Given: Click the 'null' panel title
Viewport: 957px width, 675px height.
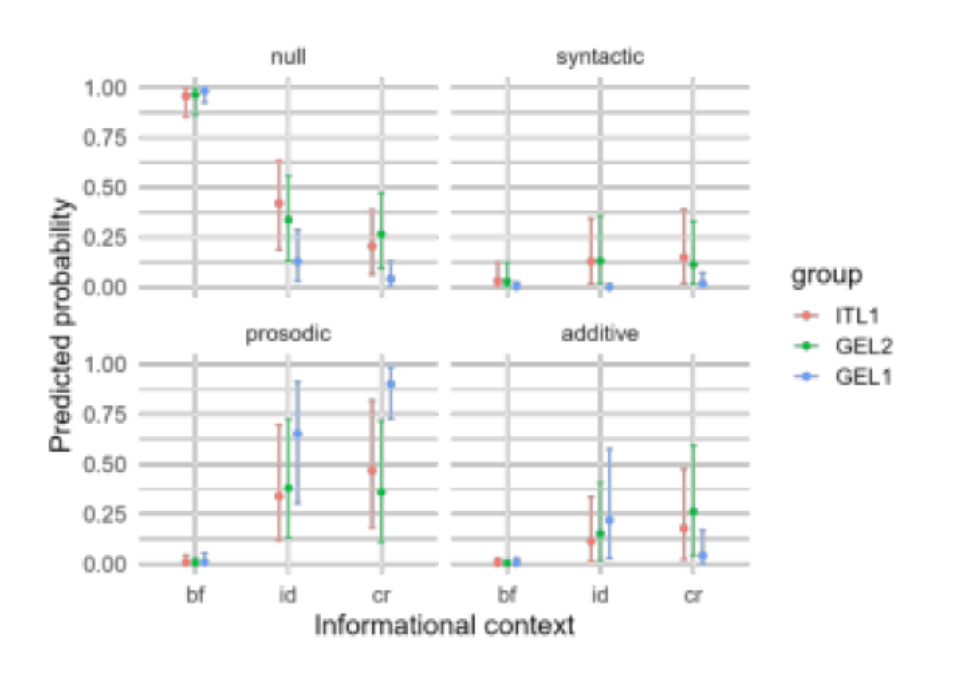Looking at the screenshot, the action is (289, 57).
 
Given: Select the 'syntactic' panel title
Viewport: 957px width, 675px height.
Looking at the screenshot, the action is (600, 57).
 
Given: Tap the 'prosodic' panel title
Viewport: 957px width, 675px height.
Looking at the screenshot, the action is (288, 334).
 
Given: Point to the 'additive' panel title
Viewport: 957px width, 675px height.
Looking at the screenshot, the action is (600, 334).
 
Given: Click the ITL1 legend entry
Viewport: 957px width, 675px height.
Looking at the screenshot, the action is (837, 316).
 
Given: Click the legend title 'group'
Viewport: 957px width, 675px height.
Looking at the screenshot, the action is (827, 276).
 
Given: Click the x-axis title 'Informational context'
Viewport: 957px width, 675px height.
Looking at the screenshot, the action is (444, 626).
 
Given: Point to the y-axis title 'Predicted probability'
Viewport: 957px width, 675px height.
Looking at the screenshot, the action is (60, 326).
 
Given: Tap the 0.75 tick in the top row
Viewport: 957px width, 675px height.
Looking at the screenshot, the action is (104, 138).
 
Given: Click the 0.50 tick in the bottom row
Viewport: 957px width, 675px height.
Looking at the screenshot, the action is (104, 464).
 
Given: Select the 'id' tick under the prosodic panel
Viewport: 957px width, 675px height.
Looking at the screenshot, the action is (288, 595).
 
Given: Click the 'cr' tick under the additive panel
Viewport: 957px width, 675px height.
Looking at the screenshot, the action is (693, 596).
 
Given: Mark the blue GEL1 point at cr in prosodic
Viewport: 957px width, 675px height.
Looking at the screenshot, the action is (391, 384).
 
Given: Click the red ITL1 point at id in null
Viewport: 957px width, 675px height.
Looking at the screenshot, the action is (279, 203).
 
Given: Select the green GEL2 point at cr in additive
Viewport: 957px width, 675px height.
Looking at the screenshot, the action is (693, 511).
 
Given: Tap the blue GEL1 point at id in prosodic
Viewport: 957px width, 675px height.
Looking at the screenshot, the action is (297, 434).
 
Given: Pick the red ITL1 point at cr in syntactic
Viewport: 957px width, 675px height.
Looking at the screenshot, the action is (684, 258).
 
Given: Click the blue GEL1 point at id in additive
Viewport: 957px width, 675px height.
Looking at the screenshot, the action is (609, 520).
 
